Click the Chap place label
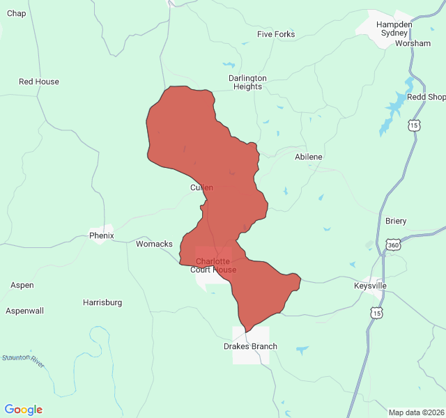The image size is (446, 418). (x=16, y=13)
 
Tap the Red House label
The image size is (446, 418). (x=39, y=82)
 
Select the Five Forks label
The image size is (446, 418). (x=276, y=34)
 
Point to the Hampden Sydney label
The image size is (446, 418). (x=394, y=29)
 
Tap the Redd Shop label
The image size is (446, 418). (x=425, y=98)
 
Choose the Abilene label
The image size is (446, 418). (x=309, y=157)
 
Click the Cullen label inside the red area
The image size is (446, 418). (x=201, y=187)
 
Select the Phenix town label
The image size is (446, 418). (x=102, y=235)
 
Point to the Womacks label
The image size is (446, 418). (x=154, y=244)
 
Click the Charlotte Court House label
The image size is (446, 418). (x=213, y=265)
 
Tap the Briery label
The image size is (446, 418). (x=396, y=221)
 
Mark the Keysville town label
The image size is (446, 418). (x=370, y=286)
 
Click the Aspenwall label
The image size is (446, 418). (x=25, y=311)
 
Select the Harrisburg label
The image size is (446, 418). (x=102, y=302)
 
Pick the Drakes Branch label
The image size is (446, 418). (x=250, y=346)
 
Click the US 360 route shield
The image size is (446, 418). (x=393, y=245)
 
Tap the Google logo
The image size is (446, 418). (x=23, y=410)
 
